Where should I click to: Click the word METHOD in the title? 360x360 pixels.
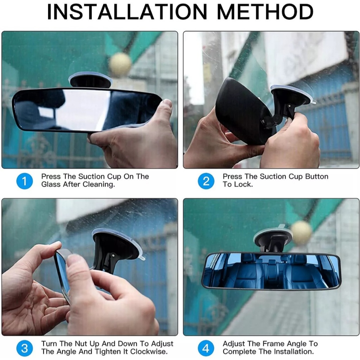coord(265,12)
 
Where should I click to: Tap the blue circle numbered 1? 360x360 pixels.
coord(25,181)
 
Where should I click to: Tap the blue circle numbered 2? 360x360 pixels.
coord(206,181)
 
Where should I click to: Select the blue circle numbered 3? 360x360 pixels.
coord(25,348)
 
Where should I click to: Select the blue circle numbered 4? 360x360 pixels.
coord(206,348)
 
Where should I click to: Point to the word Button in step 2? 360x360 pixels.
coord(317,176)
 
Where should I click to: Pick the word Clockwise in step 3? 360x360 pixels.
coord(149,352)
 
